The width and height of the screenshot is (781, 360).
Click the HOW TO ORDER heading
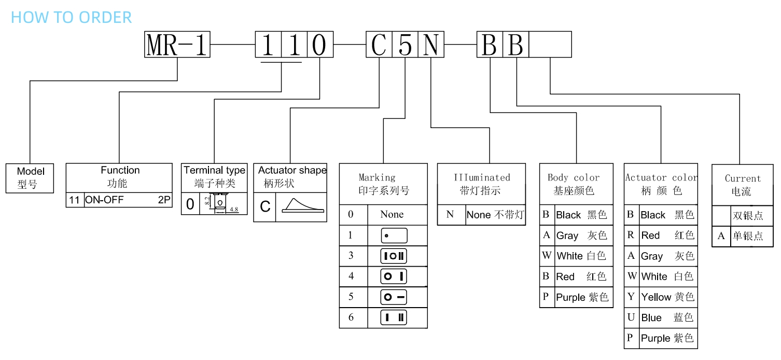[72, 17]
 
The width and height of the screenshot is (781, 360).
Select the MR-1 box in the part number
[177, 45]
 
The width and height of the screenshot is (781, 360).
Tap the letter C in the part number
[379, 45]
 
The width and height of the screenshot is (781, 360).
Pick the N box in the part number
[431, 45]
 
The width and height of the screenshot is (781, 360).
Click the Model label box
[30, 178]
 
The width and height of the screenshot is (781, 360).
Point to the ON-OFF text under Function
[104, 200]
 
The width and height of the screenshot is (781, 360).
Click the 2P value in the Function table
[164, 200]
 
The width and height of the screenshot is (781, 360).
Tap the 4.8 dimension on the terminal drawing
[234, 210]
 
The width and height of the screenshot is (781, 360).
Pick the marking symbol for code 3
[394, 256]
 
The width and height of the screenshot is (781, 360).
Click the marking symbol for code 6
[394, 317]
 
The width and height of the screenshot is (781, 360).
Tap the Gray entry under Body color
[567, 236]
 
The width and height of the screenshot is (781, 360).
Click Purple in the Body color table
[570, 297]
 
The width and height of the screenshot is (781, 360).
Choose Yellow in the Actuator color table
[656, 297]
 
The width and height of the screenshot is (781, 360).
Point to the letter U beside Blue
[631, 317]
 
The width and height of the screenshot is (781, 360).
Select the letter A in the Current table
[721, 236]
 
